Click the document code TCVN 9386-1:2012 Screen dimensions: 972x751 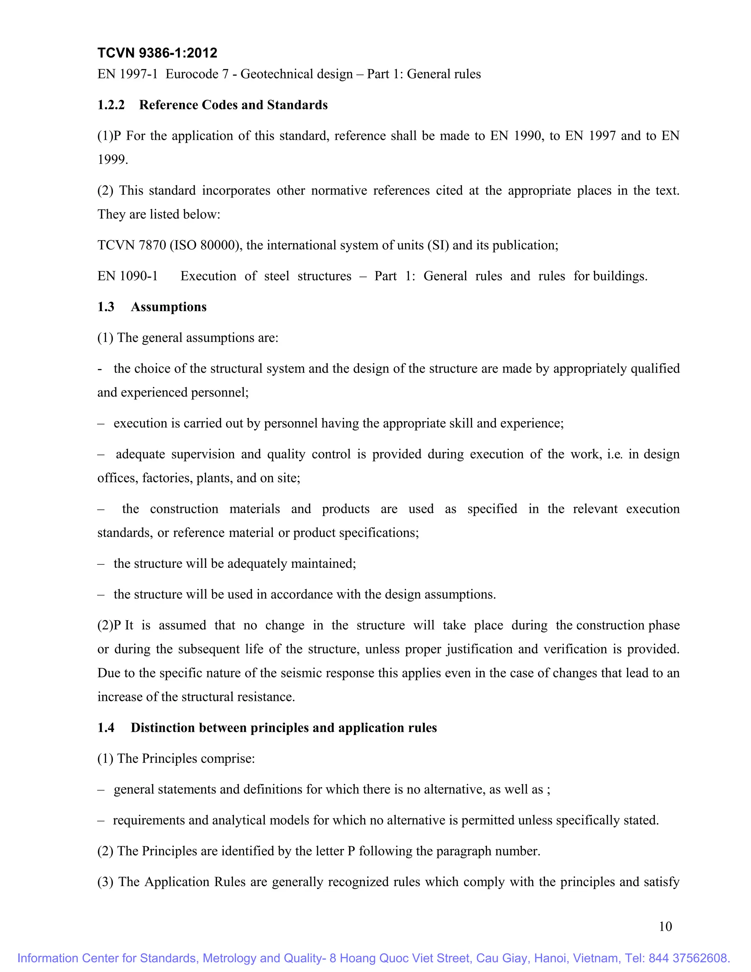click(x=157, y=53)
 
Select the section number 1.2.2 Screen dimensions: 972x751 click(x=111, y=105)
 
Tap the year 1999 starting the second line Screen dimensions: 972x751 click(x=112, y=159)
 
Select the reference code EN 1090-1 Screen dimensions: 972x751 click(x=128, y=276)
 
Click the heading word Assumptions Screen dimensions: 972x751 click(x=169, y=307)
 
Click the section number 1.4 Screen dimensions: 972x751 click(x=106, y=728)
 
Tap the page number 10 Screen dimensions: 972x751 click(x=665, y=926)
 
